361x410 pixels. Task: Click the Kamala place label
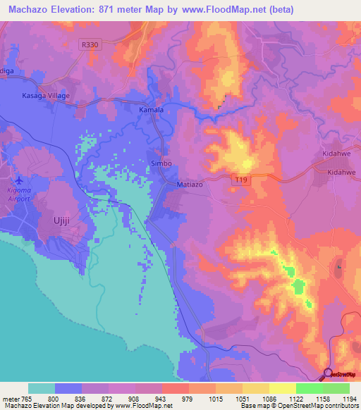(x=151, y=111)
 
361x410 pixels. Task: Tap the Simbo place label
(x=161, y=163)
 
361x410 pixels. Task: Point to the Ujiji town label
(x=64, y=221)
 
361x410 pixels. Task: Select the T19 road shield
(x=240, y=181)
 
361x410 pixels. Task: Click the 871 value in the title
(x=126, y=10)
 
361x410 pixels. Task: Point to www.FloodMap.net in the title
(x=231, y=10)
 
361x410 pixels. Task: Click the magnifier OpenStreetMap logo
(x=329, y=373)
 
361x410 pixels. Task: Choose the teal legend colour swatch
(x=42, y=388)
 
